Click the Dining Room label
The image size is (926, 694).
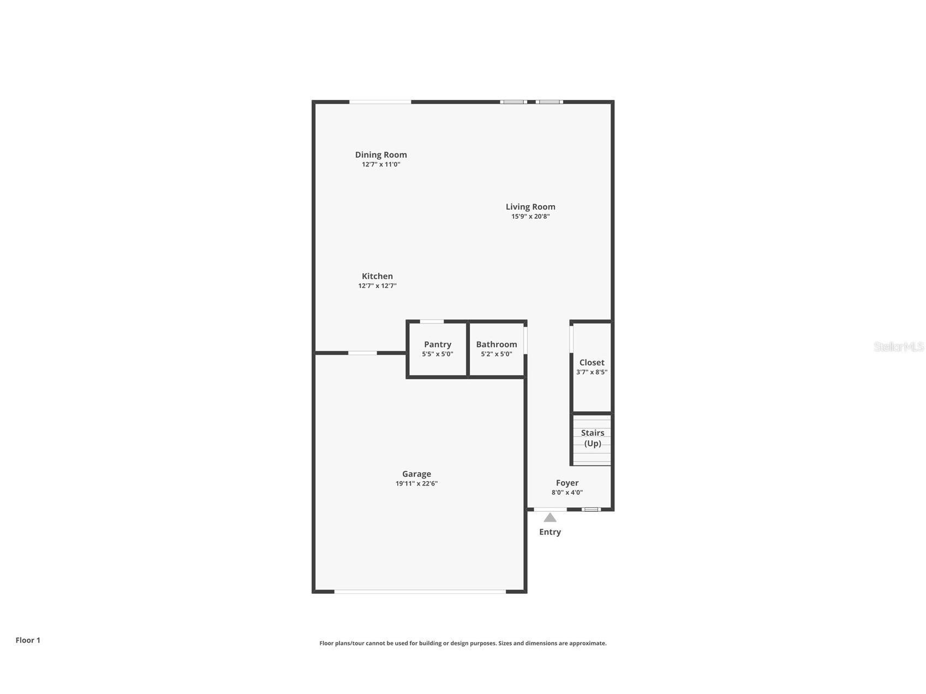coord(381,155)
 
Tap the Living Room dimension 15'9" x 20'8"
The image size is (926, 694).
coord(530,217)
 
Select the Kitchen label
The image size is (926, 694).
coord(377,276)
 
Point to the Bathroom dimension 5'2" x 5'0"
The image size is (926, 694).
coord(496,354)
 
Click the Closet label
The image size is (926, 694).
coord(592,362)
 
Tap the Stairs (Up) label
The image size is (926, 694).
coord(592,438)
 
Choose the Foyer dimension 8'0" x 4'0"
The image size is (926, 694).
coord(567,492)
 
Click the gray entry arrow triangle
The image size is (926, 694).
coord(549,518)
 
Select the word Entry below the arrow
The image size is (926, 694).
coord(549,532)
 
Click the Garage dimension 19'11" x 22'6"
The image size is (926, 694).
coord(416,483)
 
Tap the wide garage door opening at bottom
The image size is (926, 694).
coord(420,591)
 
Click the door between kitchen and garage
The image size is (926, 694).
coord(362,353)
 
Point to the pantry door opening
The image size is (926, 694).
coord(432,321)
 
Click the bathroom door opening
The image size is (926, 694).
coord(525,340)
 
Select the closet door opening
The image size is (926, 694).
coord(571,338)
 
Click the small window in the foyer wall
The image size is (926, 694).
coord(590,509)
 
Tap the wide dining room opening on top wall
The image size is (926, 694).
coord(380,101)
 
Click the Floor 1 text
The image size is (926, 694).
coord(28,640)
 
